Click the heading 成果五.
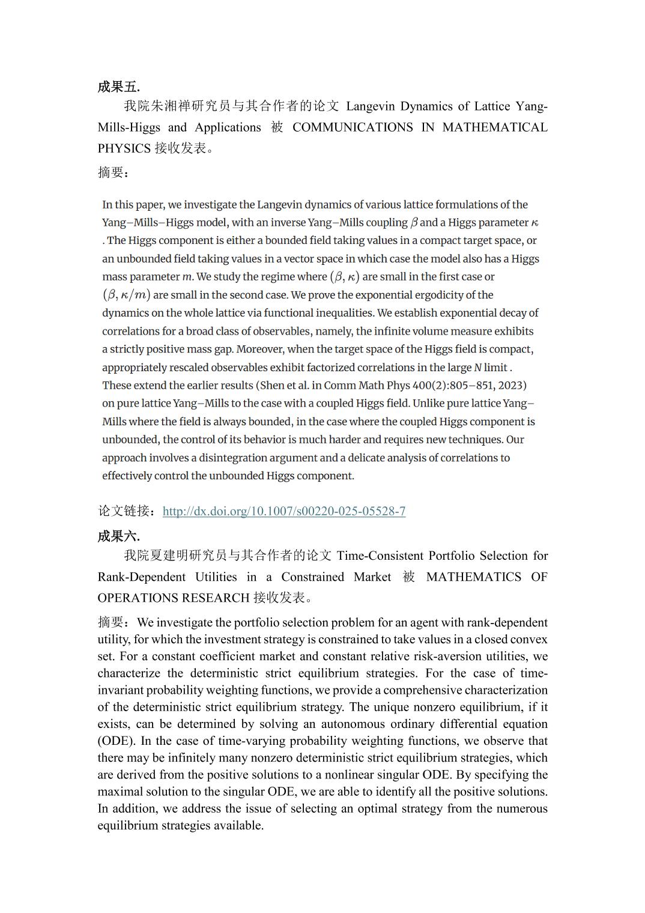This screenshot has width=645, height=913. tap(118, 86)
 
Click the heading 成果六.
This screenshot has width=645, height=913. tap(118, 536)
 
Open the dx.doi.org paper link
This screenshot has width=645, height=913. tap(283, 511)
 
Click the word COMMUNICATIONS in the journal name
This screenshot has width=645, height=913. tap(353, 127)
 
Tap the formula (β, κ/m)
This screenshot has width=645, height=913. tap(126, 295)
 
